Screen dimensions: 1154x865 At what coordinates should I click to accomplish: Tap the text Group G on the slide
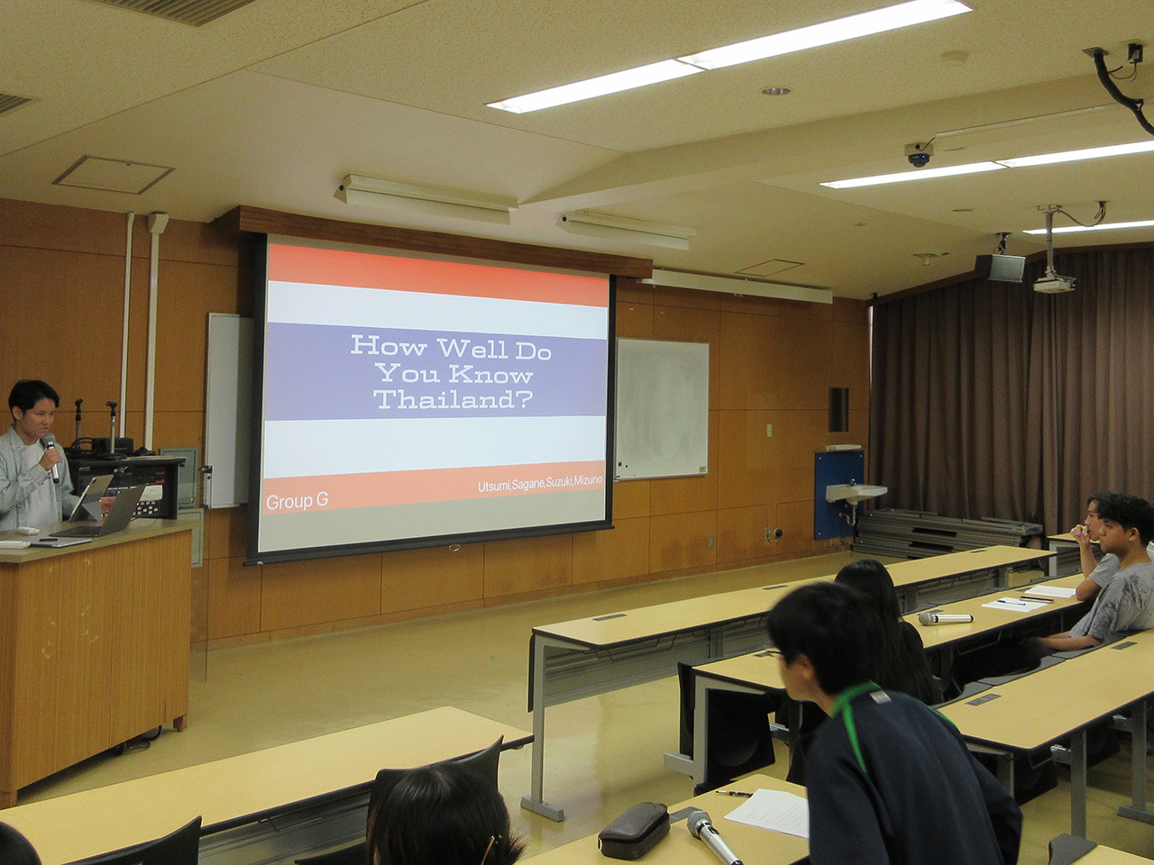297,502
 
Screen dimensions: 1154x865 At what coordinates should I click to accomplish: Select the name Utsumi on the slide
494,486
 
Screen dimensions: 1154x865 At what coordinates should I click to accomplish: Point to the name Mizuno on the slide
587,480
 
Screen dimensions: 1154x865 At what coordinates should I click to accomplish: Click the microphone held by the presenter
51,457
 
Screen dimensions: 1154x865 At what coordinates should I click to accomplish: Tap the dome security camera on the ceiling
919,155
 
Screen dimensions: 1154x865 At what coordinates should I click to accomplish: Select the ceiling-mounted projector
1054,284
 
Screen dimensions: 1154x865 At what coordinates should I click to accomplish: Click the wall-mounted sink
856,493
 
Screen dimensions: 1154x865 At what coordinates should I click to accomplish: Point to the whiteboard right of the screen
662,408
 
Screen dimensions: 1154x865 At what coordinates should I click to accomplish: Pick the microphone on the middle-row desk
945,618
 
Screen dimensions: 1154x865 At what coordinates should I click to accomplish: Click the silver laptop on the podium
100,513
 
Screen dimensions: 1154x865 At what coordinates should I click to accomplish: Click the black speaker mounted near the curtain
1000,268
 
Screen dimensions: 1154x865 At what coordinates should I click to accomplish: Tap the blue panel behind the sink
838,494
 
